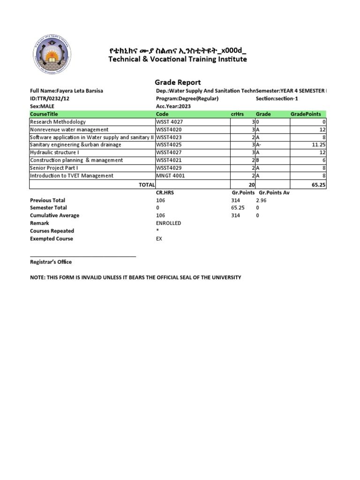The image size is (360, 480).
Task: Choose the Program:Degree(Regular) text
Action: click(187, 99)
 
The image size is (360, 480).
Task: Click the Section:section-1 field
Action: click(277, 99)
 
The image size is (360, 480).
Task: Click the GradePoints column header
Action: click(306, 114)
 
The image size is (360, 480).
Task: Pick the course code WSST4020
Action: click(169, 129)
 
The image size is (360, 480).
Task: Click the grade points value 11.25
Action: click(318, 145)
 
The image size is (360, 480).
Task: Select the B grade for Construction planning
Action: click(257, 160)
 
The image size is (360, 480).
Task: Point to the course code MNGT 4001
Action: click(170, 176)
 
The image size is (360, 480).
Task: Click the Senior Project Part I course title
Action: click(54, 168)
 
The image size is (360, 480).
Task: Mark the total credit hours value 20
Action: click(251, 185)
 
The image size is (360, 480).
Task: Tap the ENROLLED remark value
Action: click(168, 223)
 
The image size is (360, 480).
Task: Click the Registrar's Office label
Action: click(51, 262)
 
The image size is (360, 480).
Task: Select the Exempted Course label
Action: click(51, 239)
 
